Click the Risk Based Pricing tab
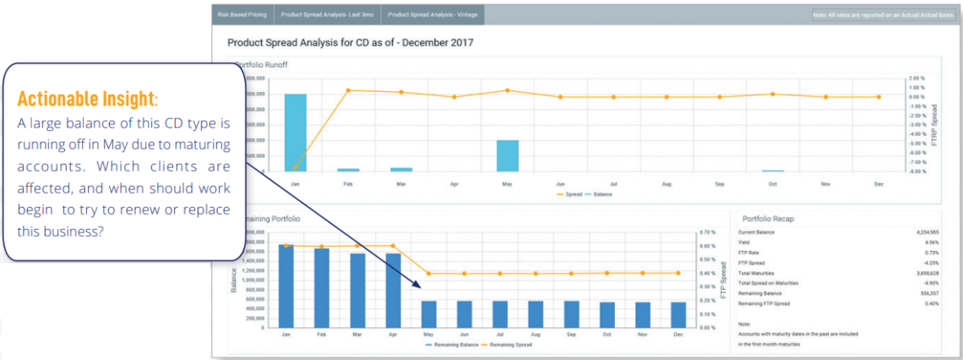tap(242, 14)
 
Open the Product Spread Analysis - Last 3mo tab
tap(329, 14)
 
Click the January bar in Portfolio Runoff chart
tap(296, 132)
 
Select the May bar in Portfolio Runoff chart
tap(508, 155)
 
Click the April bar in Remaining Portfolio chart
tap(394, 290)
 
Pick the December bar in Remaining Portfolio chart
tap(678, 314)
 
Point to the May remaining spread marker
tap(429, 273)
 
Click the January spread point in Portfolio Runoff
tap(296, 167)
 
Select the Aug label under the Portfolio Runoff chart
tap(666, 183)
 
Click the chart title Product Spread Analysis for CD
tap(351, 41)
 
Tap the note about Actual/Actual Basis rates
tap(882, 14)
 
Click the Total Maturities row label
tap(757, 273)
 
